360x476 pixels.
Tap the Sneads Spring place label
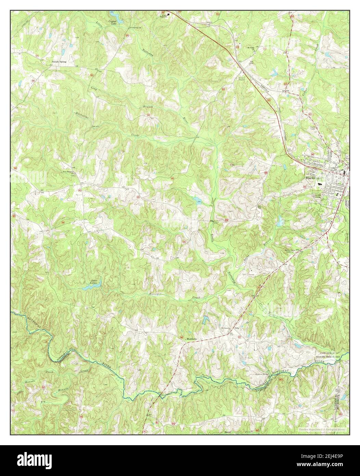click(59, 62)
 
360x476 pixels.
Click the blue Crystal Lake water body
click(115, 15)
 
